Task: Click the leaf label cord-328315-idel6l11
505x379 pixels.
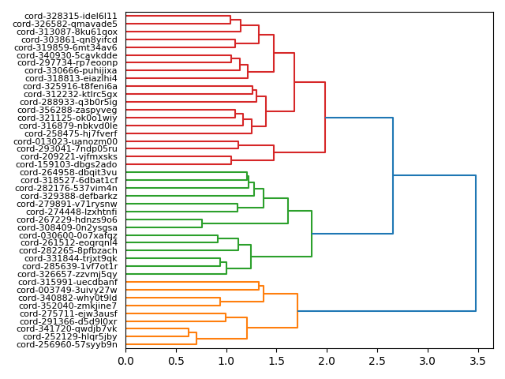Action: point(71,16)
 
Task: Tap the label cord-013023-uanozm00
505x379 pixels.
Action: point(71,141)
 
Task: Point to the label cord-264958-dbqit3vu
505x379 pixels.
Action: point(69,172)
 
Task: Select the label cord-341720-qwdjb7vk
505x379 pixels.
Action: point(70,329)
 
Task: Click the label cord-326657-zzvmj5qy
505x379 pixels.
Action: point(71,274)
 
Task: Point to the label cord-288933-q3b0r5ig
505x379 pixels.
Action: point(69,102)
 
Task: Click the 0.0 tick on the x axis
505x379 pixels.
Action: point(125,361)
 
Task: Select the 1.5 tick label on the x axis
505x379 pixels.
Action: point(276,361)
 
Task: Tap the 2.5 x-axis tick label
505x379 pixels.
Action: point(377,361)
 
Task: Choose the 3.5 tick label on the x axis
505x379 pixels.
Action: point(477,361)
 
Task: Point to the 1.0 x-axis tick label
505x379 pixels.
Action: point(226,361)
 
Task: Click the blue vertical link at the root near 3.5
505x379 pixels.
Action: point(476,243)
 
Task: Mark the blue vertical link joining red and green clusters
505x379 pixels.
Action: point(393,175)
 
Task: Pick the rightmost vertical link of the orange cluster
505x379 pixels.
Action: point(297,310)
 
